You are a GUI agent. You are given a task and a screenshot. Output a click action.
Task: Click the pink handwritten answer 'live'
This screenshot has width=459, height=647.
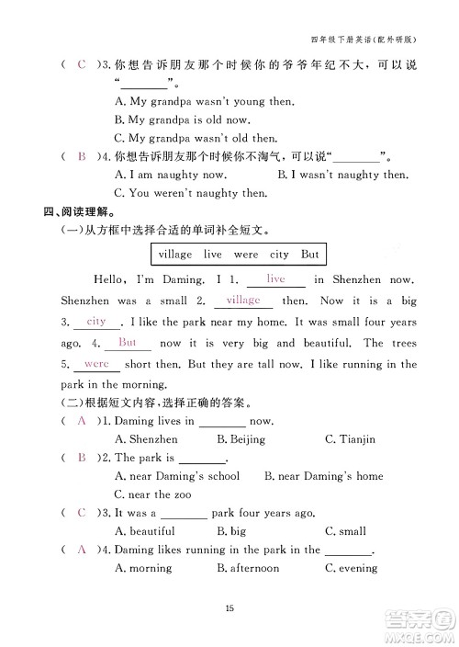pyautogui.click(x=275, y=278)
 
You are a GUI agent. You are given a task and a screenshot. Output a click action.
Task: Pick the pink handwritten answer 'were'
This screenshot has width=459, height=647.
pyautogui.click(x=96, y=363)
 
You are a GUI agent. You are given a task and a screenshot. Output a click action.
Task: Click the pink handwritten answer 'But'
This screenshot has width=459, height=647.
pyautogui.click(x=128, y=342)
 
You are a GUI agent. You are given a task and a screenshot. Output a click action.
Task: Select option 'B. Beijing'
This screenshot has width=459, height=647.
pyautogui.click(x=241, y=439)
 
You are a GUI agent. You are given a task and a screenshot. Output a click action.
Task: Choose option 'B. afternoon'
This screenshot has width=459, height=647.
pyautogui.click(x=248, y=568)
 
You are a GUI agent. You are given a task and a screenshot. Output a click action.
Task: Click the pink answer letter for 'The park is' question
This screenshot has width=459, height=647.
pyautogui.click(x=82, y=457)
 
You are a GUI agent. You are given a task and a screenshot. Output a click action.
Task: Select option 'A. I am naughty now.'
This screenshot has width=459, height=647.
pyautogui.click(x=169, y=175)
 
